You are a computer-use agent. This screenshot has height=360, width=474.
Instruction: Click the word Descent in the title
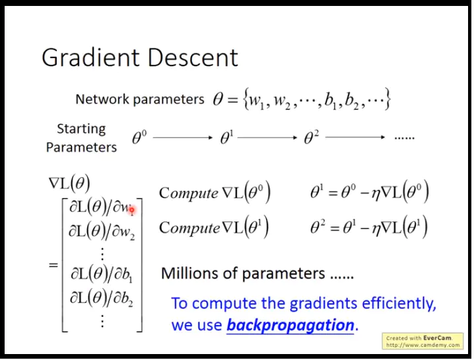point(193,57)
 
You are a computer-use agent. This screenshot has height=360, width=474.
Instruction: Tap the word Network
point(102,99)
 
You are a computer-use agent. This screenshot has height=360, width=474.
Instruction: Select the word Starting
point(81,129)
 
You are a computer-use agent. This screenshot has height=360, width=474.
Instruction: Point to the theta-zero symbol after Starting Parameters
point(139,137)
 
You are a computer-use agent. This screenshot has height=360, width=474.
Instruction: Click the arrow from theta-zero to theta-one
point(183,137)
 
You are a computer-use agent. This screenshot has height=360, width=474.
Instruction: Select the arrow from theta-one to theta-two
point(267,137)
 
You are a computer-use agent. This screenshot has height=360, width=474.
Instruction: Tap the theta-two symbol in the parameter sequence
point(312,137)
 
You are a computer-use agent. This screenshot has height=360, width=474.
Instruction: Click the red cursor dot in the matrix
point(132,209)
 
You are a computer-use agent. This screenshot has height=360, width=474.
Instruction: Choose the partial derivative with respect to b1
point(102,274)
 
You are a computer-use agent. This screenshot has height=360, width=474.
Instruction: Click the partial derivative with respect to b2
point(102,299)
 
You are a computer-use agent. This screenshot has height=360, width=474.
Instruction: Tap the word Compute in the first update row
point(189,193)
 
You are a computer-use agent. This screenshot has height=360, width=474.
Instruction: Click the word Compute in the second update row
point(189,227)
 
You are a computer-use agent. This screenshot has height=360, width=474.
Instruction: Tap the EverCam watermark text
point(423,342)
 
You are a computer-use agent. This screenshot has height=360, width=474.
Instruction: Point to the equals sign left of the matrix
point(53,266)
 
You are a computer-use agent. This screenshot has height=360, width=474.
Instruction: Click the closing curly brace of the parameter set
point(388,99)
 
